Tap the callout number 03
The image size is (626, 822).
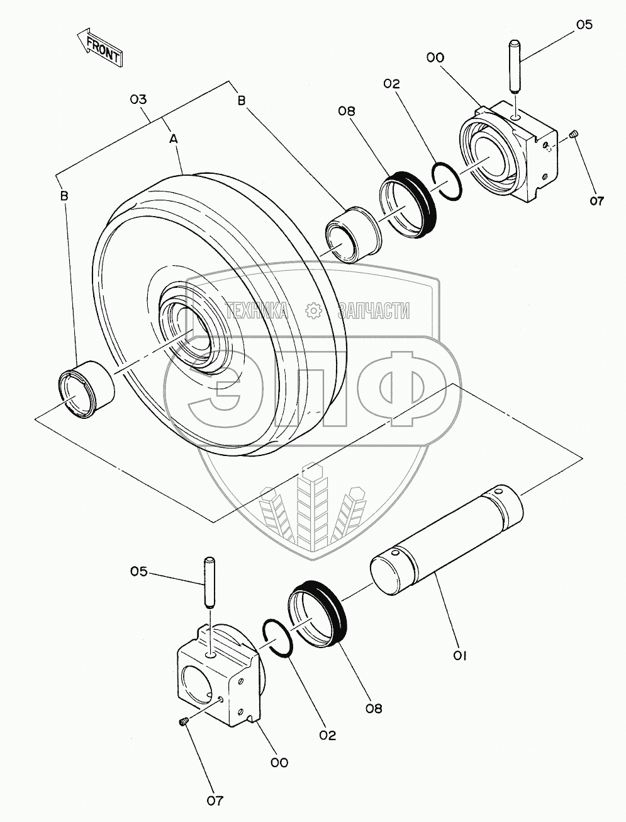[x=138, y=99]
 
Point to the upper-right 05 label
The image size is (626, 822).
[x=584, y=25]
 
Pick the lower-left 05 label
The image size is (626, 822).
[x=140, y=571]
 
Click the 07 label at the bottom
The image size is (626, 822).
[x=215, y=801]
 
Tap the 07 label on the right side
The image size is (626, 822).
[x=596, y=201]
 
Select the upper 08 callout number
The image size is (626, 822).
[x=346, y=111]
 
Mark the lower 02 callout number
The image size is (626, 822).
[x=327, y=735]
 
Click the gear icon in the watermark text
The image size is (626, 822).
[x=313, y=310]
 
